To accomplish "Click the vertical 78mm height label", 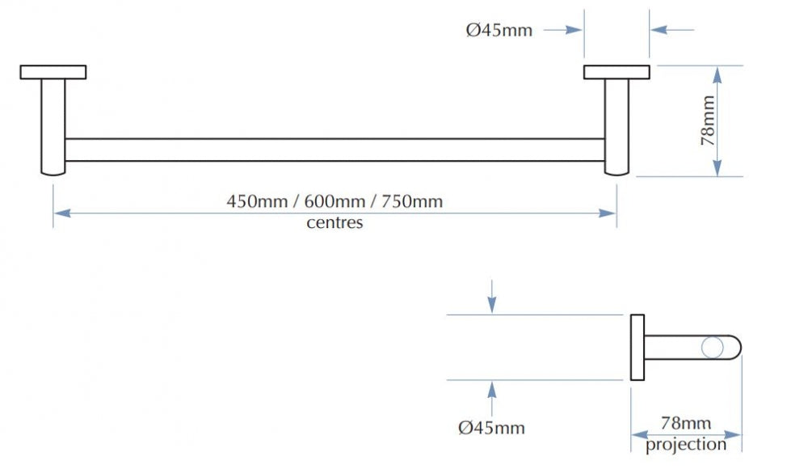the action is coord(708,120).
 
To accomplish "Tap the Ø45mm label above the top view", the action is coord(499,31).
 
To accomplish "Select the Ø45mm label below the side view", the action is coord(491,428).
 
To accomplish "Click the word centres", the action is coord(335,223).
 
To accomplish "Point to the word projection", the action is coord(686,445).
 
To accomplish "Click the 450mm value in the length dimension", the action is coord(257,201).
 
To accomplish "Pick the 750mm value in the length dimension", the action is coord(412,201).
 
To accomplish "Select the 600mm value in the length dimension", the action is coord(335,201).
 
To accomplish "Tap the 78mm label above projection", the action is coord(686,424).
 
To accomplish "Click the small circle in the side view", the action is coord(713,347).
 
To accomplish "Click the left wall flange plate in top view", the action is coord(53,72).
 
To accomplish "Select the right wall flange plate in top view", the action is coord(617,72).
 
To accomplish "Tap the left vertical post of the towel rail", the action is coord(53,127).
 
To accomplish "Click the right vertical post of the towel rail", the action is coord(617,127).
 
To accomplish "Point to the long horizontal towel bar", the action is coord(335,150).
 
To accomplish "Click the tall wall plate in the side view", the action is coord(638,347).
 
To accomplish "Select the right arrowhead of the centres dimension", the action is coord(608,213).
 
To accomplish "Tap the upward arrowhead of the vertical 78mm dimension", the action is coord(718,75).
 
